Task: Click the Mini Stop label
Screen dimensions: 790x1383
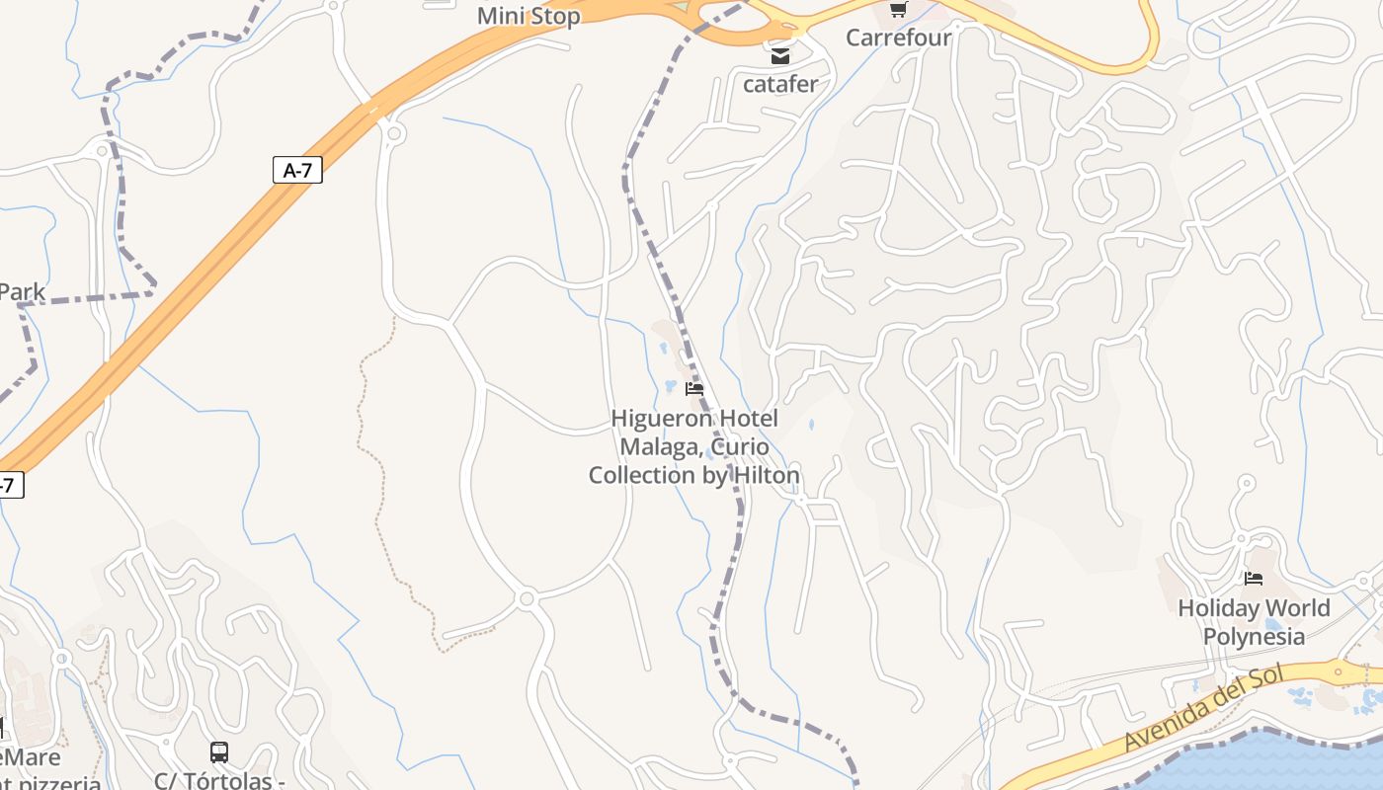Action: pos(529,17)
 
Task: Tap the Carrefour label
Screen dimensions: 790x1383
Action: pos(898,38)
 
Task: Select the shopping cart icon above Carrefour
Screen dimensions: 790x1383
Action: pos(898,10)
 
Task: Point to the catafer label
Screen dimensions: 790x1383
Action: pos(780,84)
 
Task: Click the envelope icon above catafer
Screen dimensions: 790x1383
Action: pos(780,56)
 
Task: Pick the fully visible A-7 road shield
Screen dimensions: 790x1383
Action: pos(297,170)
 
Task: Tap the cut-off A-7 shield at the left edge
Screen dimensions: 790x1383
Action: pos(8,485)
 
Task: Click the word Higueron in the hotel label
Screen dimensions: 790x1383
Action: pos(656,419)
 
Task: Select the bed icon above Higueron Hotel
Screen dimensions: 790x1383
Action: pos(694,389)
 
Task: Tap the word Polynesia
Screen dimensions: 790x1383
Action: pos(1254,636)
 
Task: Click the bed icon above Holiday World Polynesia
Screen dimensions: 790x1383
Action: pos(1254,579)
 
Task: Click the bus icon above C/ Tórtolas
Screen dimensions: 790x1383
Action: pos(219,752)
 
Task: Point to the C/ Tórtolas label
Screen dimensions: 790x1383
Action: pos(219,780)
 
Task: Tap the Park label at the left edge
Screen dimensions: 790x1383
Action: pos(22,292)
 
